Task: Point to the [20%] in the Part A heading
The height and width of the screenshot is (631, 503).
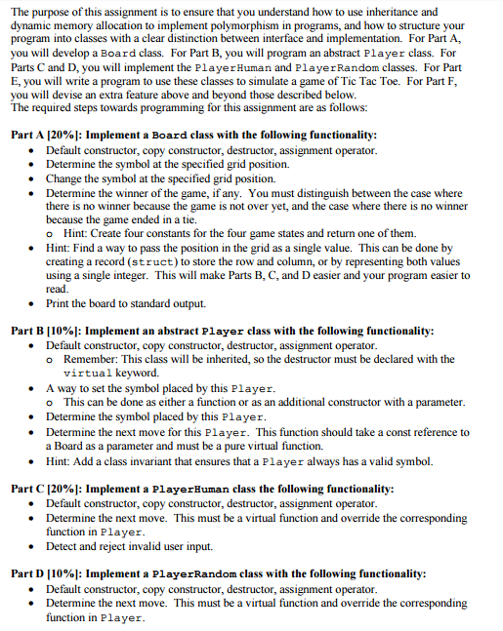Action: (x=65, y=134)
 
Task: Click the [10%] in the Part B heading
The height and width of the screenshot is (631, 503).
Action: (x=65, y=331)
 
